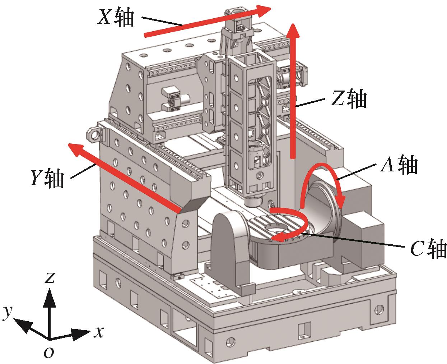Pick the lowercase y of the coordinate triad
(x=8, y=312)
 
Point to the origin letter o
(x=49, y=353)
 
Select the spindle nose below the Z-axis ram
(x=253, y=202)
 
